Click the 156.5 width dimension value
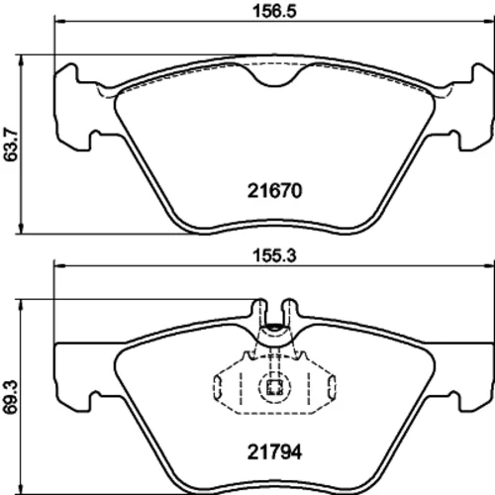pyautogui.click(x=274, y=11)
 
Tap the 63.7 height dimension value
pyautogui.click(x=11, y=145)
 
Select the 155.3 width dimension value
pyautogui.click(x=274, y=255)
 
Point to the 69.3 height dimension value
pyautogui.click(x=11, y=397)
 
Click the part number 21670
pyautogui.click(x=274, y=191)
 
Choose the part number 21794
pyautogui.click(x=274, y=452)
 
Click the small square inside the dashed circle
pyautogui.click(x=274, y=387)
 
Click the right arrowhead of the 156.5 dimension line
pyautogui.click(x=488, y=22)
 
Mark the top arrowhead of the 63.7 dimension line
pyautogui.click(x=21, y=61)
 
